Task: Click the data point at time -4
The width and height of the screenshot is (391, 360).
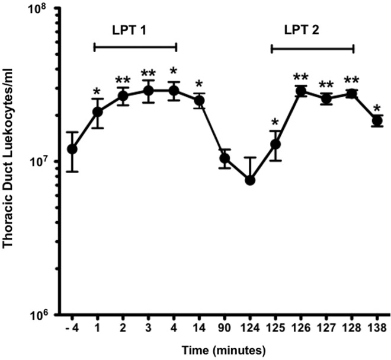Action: click(72, 149)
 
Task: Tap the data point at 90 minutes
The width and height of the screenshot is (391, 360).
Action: click(225, 158)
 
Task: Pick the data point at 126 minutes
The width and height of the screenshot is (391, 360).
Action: click(301, 91)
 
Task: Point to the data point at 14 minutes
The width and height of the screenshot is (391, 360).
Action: click(199, 101)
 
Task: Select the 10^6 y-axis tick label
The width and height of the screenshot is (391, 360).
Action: click(43, 315)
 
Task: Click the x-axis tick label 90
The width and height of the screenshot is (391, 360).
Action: click(225, 328)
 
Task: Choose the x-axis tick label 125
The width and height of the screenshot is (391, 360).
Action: click(275, 328)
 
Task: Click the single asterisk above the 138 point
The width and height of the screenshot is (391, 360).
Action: click(377, 109)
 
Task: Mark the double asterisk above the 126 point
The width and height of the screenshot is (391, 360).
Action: click(301, 77)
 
